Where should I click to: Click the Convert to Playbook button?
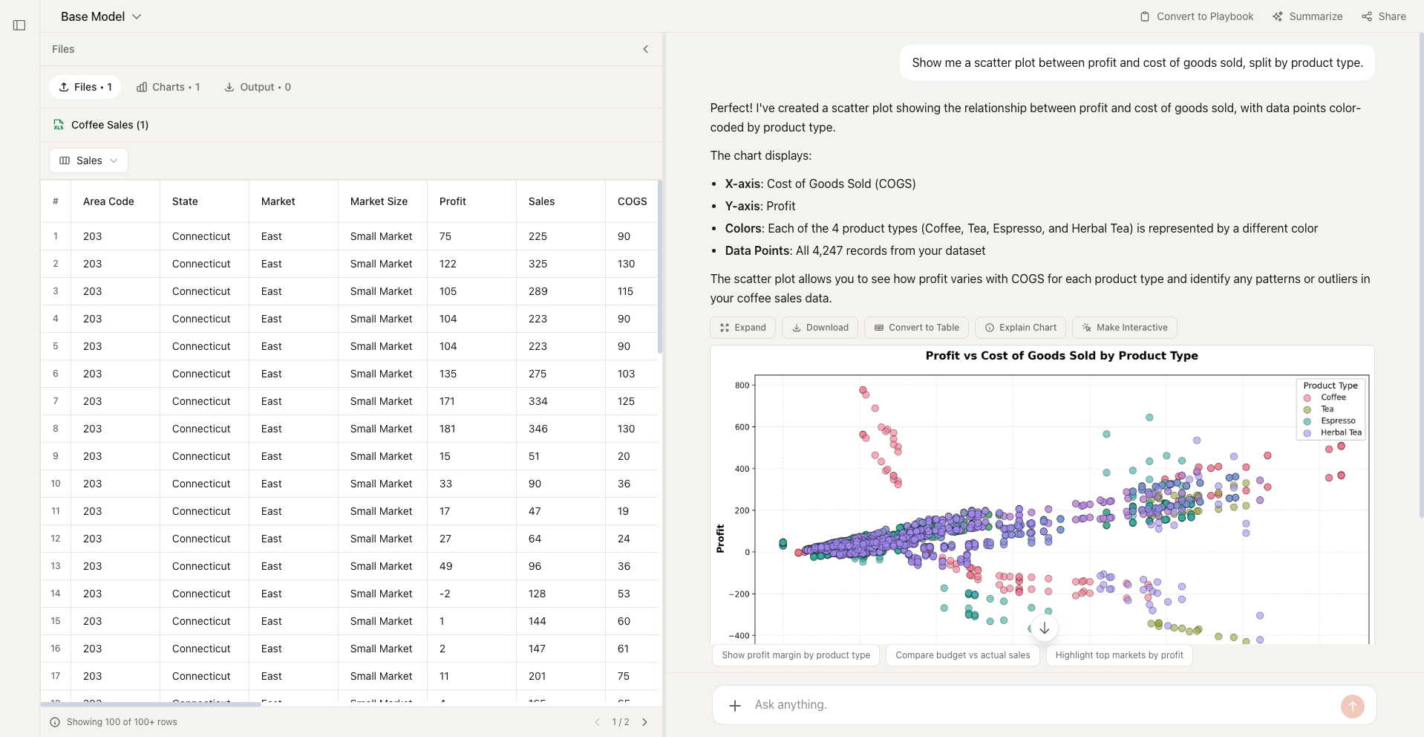click(x=1197, y=16)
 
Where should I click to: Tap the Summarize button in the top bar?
click(x=1307, y=16)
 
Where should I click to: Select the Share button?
click(x=1384, y=16)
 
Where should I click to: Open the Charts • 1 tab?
click(x=169, y=87)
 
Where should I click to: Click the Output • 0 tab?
click(x=258, y=87)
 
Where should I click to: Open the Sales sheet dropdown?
click(x=88, y=160)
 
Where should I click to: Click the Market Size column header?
click(x=379, y=201)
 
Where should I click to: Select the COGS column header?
click(x=632, y=201)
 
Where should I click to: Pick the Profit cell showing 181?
click(x=448, y=429)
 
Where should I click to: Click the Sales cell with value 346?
click(x=538, y=429)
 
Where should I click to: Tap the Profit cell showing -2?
click(x=445, y=594)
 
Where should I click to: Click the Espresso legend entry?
click(x=1337, y=421)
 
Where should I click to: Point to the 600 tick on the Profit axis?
click(x=742, y=427)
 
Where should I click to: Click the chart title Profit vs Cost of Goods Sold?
click(x=1061, y=356)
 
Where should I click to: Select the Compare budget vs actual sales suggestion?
click(x=962, y=655)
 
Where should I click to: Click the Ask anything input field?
click(x=1039, y=704)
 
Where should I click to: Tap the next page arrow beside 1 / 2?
click(x=644, y=722)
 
